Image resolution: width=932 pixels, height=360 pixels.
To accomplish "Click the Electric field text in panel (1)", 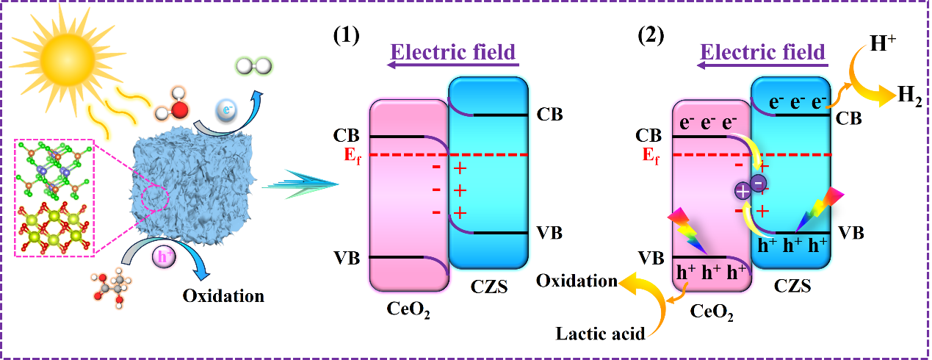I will point(452,53).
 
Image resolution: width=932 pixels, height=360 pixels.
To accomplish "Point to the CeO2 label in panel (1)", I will point(408,312).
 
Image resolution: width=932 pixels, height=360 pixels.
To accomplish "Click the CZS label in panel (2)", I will point(792,287).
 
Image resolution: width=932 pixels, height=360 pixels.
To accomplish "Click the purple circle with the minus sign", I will point(759,182).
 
